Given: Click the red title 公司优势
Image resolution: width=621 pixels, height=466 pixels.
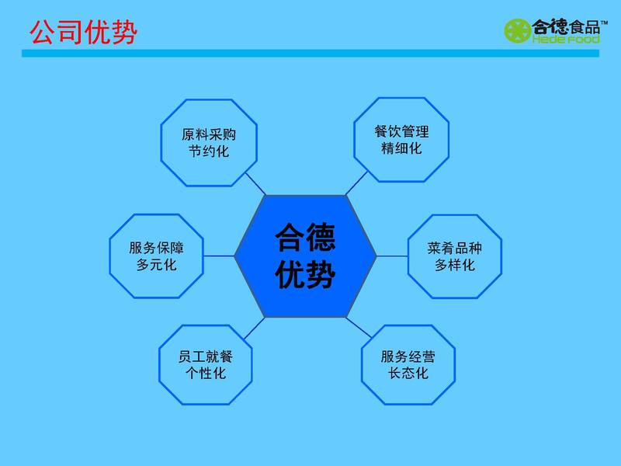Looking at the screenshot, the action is [x=84, y=32].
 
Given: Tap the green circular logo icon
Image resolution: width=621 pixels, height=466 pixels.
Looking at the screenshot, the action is [x=517, y=30].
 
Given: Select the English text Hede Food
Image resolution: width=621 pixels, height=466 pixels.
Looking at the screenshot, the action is [x=566, y=40].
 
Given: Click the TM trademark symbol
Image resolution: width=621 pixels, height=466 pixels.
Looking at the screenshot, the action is [x=604, y=23].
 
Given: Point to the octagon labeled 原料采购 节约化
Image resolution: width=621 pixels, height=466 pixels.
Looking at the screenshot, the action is [x=209, y=143].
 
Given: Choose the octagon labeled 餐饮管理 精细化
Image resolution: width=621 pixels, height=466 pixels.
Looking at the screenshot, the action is [x=401, y=140].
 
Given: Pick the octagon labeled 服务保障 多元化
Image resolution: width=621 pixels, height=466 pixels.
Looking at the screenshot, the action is [x=157, y=256].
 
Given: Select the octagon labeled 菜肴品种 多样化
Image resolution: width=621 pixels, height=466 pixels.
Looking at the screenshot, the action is [x=455, y=256].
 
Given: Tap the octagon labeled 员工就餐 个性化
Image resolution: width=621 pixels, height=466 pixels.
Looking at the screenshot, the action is [x=206, y=365].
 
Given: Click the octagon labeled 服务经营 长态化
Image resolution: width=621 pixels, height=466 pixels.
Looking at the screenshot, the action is [x=408, y=365].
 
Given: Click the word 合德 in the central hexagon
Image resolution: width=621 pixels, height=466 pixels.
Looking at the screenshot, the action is [x=305, y=237].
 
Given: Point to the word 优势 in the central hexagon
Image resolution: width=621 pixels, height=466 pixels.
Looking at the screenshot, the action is [x=305, y=274].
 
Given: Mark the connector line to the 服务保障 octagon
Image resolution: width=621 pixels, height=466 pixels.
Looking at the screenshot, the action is [x=219, y=256].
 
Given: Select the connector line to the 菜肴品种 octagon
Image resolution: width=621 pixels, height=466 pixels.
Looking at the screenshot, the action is [x=392, y=256].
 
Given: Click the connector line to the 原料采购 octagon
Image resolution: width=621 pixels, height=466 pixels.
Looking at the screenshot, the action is [x=255, y=184].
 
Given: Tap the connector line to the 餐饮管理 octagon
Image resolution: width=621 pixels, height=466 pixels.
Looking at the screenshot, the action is [x=356, y=183].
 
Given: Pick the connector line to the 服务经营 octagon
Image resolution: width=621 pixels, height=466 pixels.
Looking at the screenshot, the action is [x=359, y=328].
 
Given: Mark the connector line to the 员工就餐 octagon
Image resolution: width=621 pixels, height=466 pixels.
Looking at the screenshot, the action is [x=255, y=329].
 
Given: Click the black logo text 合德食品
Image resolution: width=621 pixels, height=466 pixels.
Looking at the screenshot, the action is [x=566, y=27].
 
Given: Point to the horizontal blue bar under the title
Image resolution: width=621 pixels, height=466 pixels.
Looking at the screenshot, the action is [x=310, y=54].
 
